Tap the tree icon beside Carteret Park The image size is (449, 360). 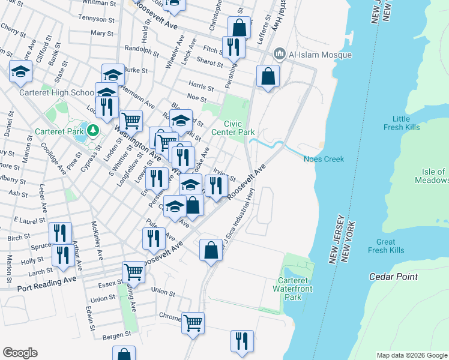[x=92, y=130]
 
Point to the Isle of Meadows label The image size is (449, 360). [x=432, y=176]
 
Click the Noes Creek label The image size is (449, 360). [x=324, y=159]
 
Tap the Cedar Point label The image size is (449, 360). [x=394, y=277]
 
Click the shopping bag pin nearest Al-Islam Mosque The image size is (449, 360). [x=268, y=77]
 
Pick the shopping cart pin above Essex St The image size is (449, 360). [x=133, y=272]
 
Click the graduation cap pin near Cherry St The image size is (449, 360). [x=21, y=72]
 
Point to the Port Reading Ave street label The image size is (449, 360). [x=47, y=280]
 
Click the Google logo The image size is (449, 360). [x=20, y=353]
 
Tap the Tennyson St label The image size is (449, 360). [x=95, y=18]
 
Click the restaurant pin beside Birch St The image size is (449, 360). [x=60, y=233]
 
